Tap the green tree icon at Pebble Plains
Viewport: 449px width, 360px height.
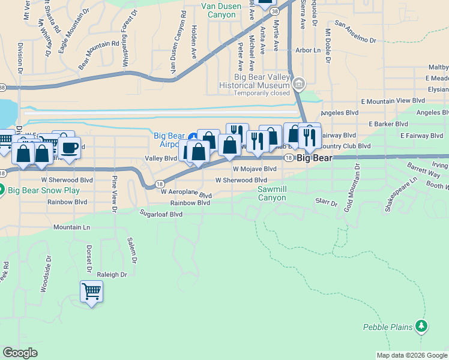[422, 326]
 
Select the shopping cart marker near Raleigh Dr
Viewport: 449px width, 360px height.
[91, 292]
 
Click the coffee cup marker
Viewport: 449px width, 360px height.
[70, 147]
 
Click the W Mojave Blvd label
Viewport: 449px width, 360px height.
[255, 169]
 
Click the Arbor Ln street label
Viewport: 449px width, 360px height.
[308, 50]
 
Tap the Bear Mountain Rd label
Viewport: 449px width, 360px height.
[99, 52]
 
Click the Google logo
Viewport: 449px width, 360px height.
[20, 353]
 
